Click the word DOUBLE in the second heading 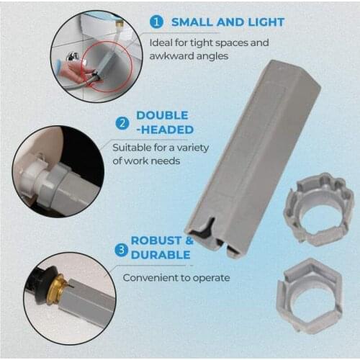[162, 115]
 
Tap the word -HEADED [164, 130]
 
